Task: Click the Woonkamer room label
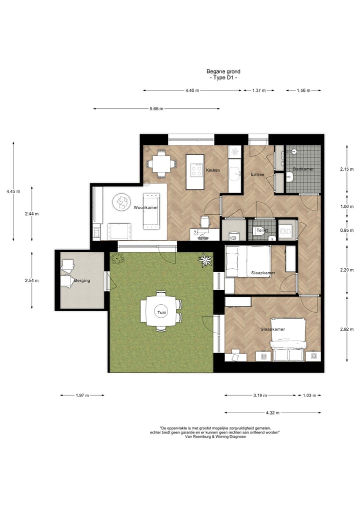tap(145, 207)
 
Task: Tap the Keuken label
tap(213, 170)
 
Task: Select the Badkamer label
tap(303, 169)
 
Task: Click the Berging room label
tap(82, 281)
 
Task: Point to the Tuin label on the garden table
tap(160, 313)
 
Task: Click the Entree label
tap(257, 174)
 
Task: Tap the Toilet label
tap(262, 230)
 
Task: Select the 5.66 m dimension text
tap(156, 109)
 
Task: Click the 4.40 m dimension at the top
tap(192, 90)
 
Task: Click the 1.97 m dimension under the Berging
tap(82, 395)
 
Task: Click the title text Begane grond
tap(223, 71)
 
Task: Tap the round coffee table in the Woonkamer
tap(121, 202)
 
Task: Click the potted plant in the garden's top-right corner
tap(204, 260)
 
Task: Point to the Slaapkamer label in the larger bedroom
tap(272, 330)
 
